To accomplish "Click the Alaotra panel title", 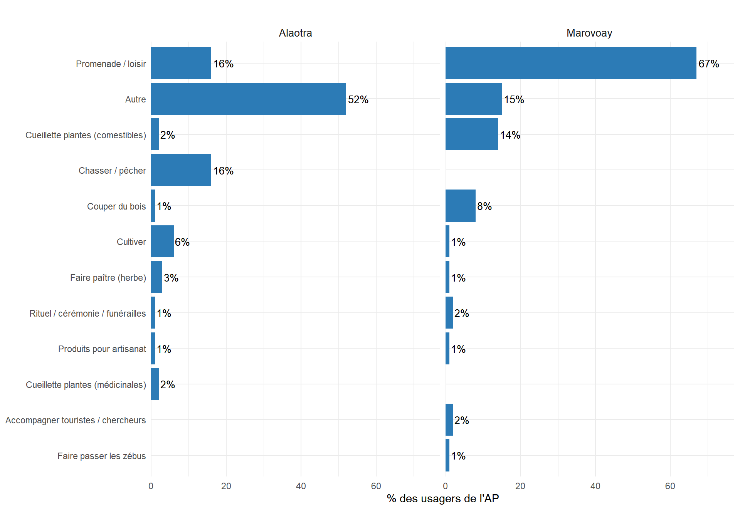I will (x=295, y=33).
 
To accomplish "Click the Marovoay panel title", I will (x=589, y=33).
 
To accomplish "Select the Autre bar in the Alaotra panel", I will (x=248, y=99).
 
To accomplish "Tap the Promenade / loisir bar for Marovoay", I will (x=570, y=63).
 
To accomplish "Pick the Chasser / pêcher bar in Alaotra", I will (x=181, y=170).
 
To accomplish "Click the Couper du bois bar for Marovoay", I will (x=460, y=206).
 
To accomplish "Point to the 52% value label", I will (x=358, y=100).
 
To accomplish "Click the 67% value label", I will (x=708, y=64).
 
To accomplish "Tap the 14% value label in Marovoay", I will (x=510, y=135).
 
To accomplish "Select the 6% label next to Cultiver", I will (x=182, y=242).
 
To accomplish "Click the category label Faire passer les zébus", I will (x=101, y=456).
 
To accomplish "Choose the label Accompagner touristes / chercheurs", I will (x=76, y=420).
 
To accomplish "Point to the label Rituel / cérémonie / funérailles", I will (x=87, y=314).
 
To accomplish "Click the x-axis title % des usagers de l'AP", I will (x=442, y=499).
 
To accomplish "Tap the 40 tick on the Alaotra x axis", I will (x=301, y=486).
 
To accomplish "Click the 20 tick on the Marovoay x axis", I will (x=520, y=486).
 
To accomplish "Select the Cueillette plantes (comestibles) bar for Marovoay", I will (x=471, y=134).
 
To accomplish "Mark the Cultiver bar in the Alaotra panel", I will (x=162, y=242).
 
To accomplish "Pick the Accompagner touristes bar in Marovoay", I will (x=449, y=419).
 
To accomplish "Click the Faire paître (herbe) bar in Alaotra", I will (x=156, y=277).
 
